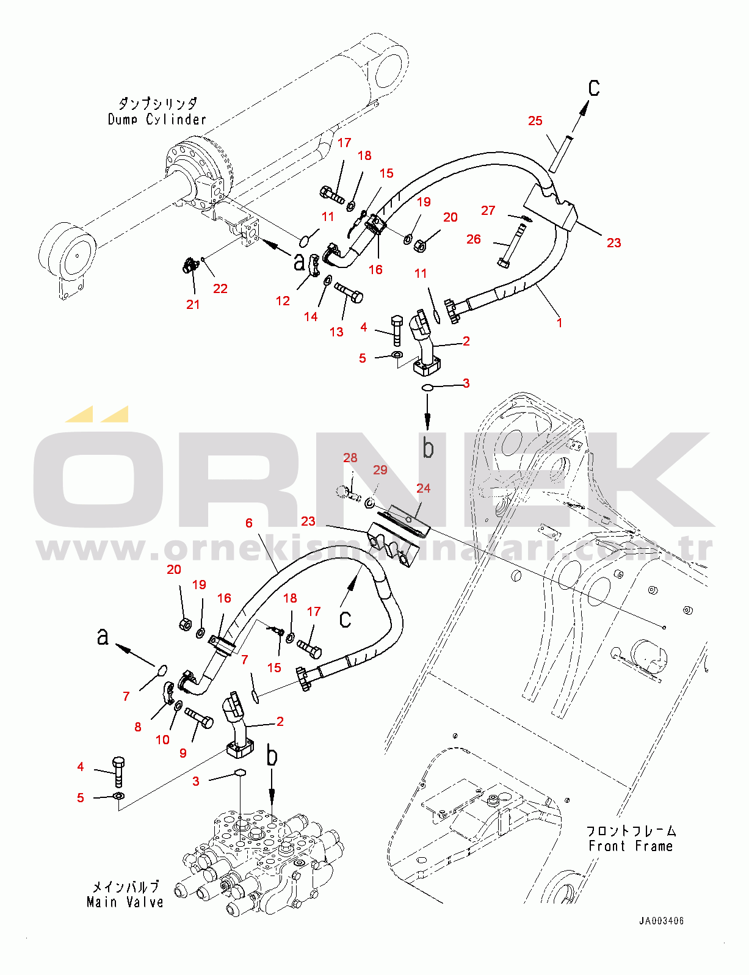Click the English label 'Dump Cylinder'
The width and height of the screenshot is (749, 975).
pos(157,120)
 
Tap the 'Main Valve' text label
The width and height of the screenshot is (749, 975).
pos(125,902)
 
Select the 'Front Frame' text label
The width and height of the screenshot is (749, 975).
pos(631,846)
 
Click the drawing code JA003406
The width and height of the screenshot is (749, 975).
pos(662,921)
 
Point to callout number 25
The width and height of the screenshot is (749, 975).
pos(535,121)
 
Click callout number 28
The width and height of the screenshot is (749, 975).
pos(350,458)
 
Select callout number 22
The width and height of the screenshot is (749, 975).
pos(220,288)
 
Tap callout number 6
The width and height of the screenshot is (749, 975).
pos(248,523)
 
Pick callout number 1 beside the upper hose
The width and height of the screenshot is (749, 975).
pos(559,322)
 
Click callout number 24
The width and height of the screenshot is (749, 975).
pos(423,488)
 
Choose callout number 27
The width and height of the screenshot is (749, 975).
pos(488,211)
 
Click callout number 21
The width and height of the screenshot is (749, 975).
pos(193,304)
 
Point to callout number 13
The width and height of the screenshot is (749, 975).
pos(336,332)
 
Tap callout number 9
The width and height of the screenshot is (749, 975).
pos(183,753)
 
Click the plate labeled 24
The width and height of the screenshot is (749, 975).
pos(404,518)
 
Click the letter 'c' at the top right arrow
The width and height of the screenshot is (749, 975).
pos(594,88)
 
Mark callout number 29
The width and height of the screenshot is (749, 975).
pos(380,469)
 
